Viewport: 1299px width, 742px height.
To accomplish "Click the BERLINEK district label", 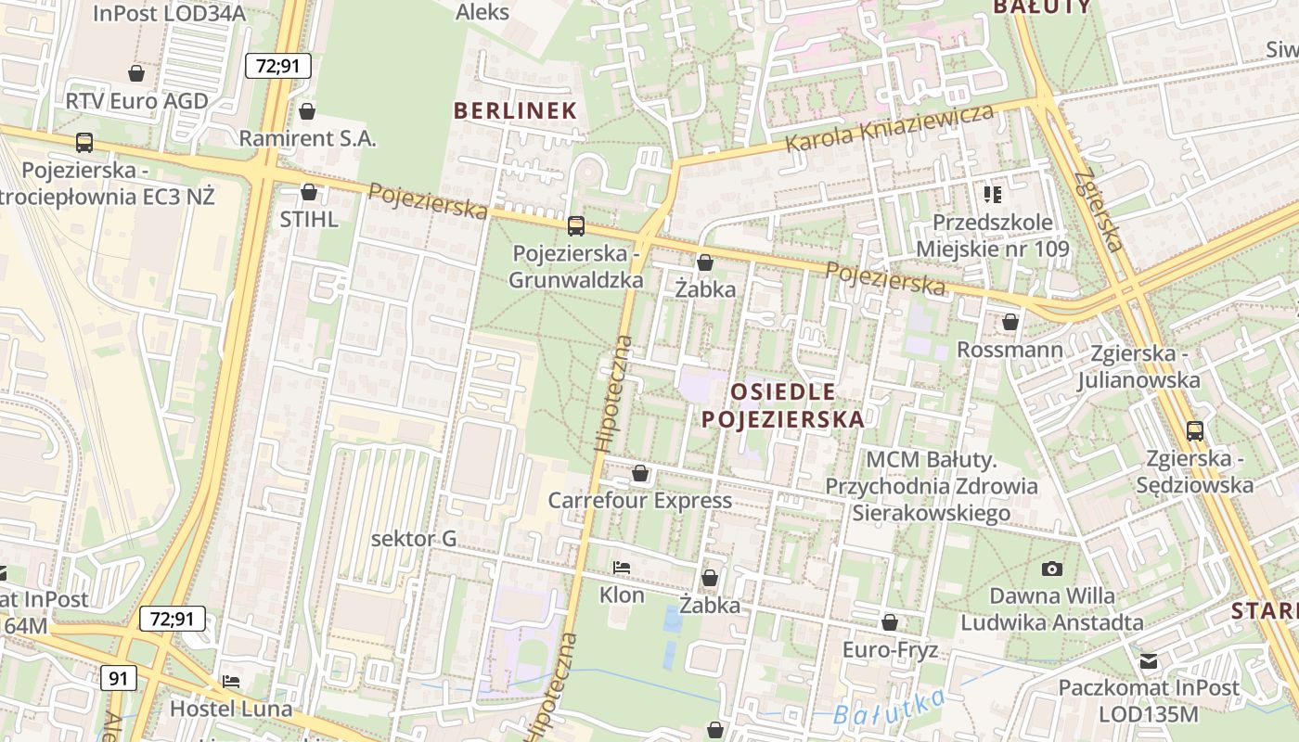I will (515, 110).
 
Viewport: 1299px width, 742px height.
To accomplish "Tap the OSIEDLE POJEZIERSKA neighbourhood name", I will (783, 405).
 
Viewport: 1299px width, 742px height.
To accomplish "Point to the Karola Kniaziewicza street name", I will (889, 129).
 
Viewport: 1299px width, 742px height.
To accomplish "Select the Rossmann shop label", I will (1010, 350).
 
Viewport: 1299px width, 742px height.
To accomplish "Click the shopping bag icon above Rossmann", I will (1010, 322).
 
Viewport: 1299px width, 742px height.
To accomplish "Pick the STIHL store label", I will (309, 220).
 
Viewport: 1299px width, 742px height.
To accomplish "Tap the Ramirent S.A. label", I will (308, 138).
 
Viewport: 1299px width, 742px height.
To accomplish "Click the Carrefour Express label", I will (639, 501).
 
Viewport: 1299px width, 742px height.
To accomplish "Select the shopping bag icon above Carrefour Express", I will (639, 474).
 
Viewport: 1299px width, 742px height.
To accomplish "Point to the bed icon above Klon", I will (622, 567).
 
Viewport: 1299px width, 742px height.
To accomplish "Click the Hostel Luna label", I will (230, 709).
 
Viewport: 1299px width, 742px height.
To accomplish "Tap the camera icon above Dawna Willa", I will (1051, 569).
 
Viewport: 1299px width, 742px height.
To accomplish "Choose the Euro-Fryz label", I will (890, 649).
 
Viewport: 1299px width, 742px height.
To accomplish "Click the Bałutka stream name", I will (888, 708).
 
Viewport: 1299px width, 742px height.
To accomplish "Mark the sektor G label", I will (414, 539).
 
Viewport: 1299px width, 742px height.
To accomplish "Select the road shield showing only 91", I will (118, 678).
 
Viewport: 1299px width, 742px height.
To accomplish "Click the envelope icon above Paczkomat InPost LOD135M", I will (1149, 661).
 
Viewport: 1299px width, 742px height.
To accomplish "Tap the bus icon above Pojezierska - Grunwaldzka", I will (576, 225).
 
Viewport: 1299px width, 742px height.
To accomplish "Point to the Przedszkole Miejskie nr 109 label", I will (992, 236).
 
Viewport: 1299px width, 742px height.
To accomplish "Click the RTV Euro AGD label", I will (136, 100).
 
